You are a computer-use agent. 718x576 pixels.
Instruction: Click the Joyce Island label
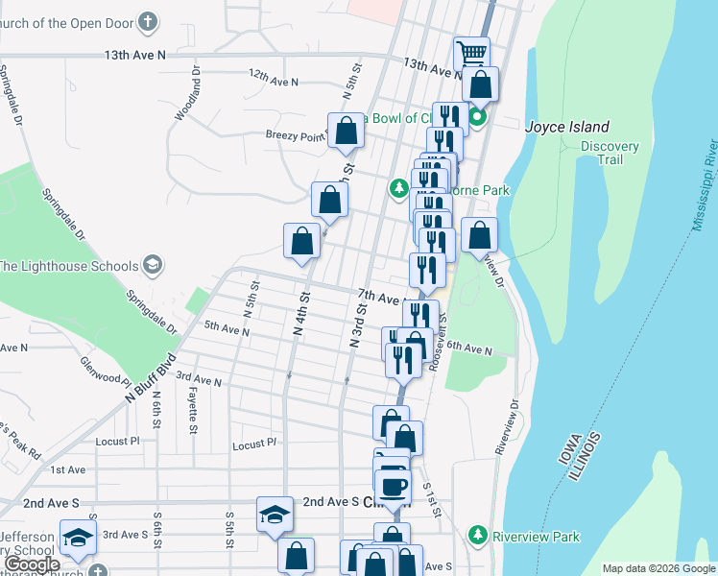pos(567,127)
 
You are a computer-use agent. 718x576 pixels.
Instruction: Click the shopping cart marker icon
pos(471,53)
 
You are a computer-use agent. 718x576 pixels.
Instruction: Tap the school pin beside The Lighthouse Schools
pos(152,264)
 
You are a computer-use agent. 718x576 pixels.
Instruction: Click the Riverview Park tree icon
pos(477,533)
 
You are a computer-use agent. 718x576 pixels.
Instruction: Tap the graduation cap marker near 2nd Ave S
pos(275,515)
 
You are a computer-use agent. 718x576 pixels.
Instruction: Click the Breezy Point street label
pos(296,136)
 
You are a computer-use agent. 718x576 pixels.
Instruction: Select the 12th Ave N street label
pos(274,78)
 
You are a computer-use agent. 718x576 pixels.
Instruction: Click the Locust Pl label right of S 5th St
pos(254,444)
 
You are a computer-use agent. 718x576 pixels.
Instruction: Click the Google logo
pos(33,564)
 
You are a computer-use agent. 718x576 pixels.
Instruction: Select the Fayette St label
pos(193,407)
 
